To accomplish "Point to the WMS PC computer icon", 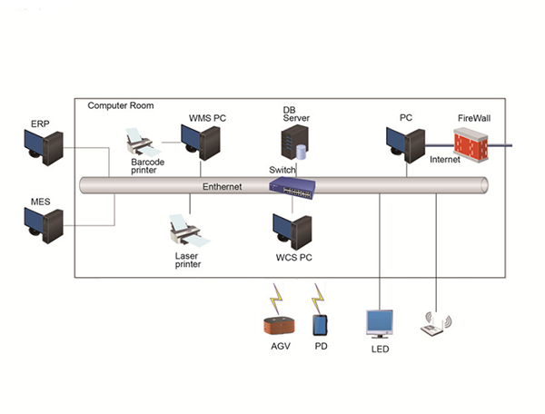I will click(x=201, y=143).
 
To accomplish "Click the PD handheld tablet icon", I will click(x=320, y=325).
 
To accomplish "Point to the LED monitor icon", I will click(x=379, y=323).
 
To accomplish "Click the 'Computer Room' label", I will click(x=120, y=106).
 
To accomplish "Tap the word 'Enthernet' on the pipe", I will click(x=223, y=187).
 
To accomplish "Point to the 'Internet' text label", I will click(x=445, y=160).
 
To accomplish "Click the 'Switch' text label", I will click(x=282, y=170).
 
